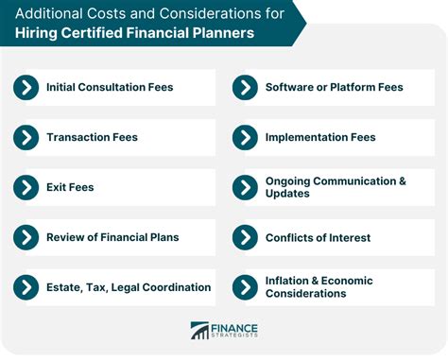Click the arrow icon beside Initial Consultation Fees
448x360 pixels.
pyautogui.click(x=26, y=88)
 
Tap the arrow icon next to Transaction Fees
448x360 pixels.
pyautogui.click(x=26, y=137)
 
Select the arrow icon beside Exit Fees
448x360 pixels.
pyautogui.click(x=26, y=187)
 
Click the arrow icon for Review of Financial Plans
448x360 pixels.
pyautogui.click(x=26, y=236)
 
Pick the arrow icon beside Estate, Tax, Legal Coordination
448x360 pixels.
pyautogui.click(x=26, y=286)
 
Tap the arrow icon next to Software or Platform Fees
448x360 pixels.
pyautogui.click(x=245, y=88)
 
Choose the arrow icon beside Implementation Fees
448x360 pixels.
pyautogui.click(x=245, y=137)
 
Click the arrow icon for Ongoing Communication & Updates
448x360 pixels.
pyautogui.click(x=245, y=187)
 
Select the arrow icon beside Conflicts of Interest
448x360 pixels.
pyautogui.click(x=245, y=236)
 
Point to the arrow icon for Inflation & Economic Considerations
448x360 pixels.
pyautogui.click(x=245, y=286)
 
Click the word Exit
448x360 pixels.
pyautogui.click(x=57, y=187)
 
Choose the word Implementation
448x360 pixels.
pyautogui.click(x=310, y=137)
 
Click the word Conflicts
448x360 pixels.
pyautogui.click(x=290, y=236)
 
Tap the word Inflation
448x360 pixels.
pyautogui.click(x=290, y=280)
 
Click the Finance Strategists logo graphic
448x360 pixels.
pyautogui.click(x=199, y=331)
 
